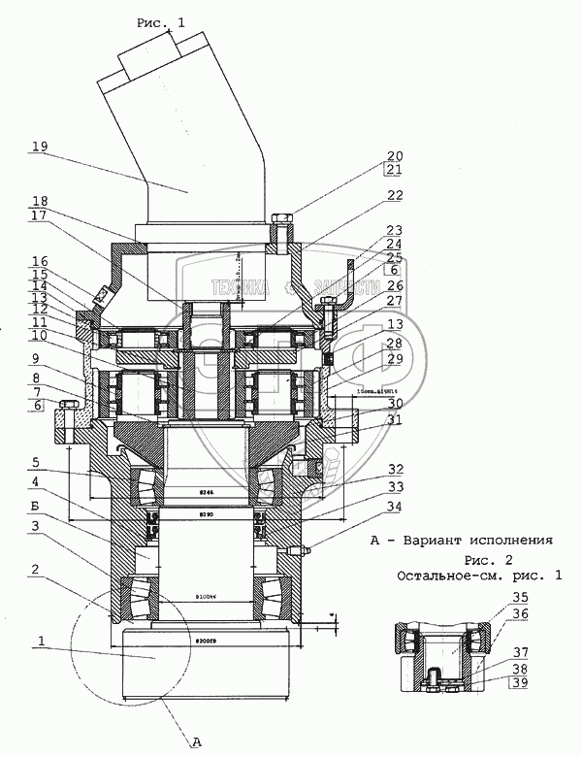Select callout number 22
pyautogui.click(x=394, y=196)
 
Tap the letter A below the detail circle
pyautogui.click(x=197, y=742)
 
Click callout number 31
pyautogui.click(x=394, y=419)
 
